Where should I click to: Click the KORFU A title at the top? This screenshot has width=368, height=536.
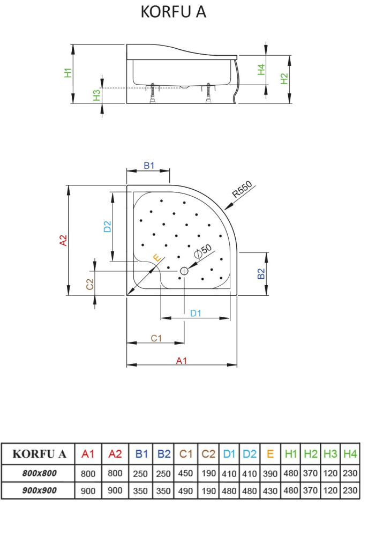pos(173,12)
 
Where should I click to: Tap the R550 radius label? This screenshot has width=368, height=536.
pos(242,189)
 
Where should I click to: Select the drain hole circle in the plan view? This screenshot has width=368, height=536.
pos(184,271)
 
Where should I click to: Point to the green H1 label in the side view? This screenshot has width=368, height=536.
pos(69,73)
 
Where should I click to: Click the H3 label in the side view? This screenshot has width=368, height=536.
pos(97,95)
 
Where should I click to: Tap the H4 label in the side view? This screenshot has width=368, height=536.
pos(261,69)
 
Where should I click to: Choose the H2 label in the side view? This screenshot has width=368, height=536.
pos(284,79)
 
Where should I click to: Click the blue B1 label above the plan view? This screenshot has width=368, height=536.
pos(149,166)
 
